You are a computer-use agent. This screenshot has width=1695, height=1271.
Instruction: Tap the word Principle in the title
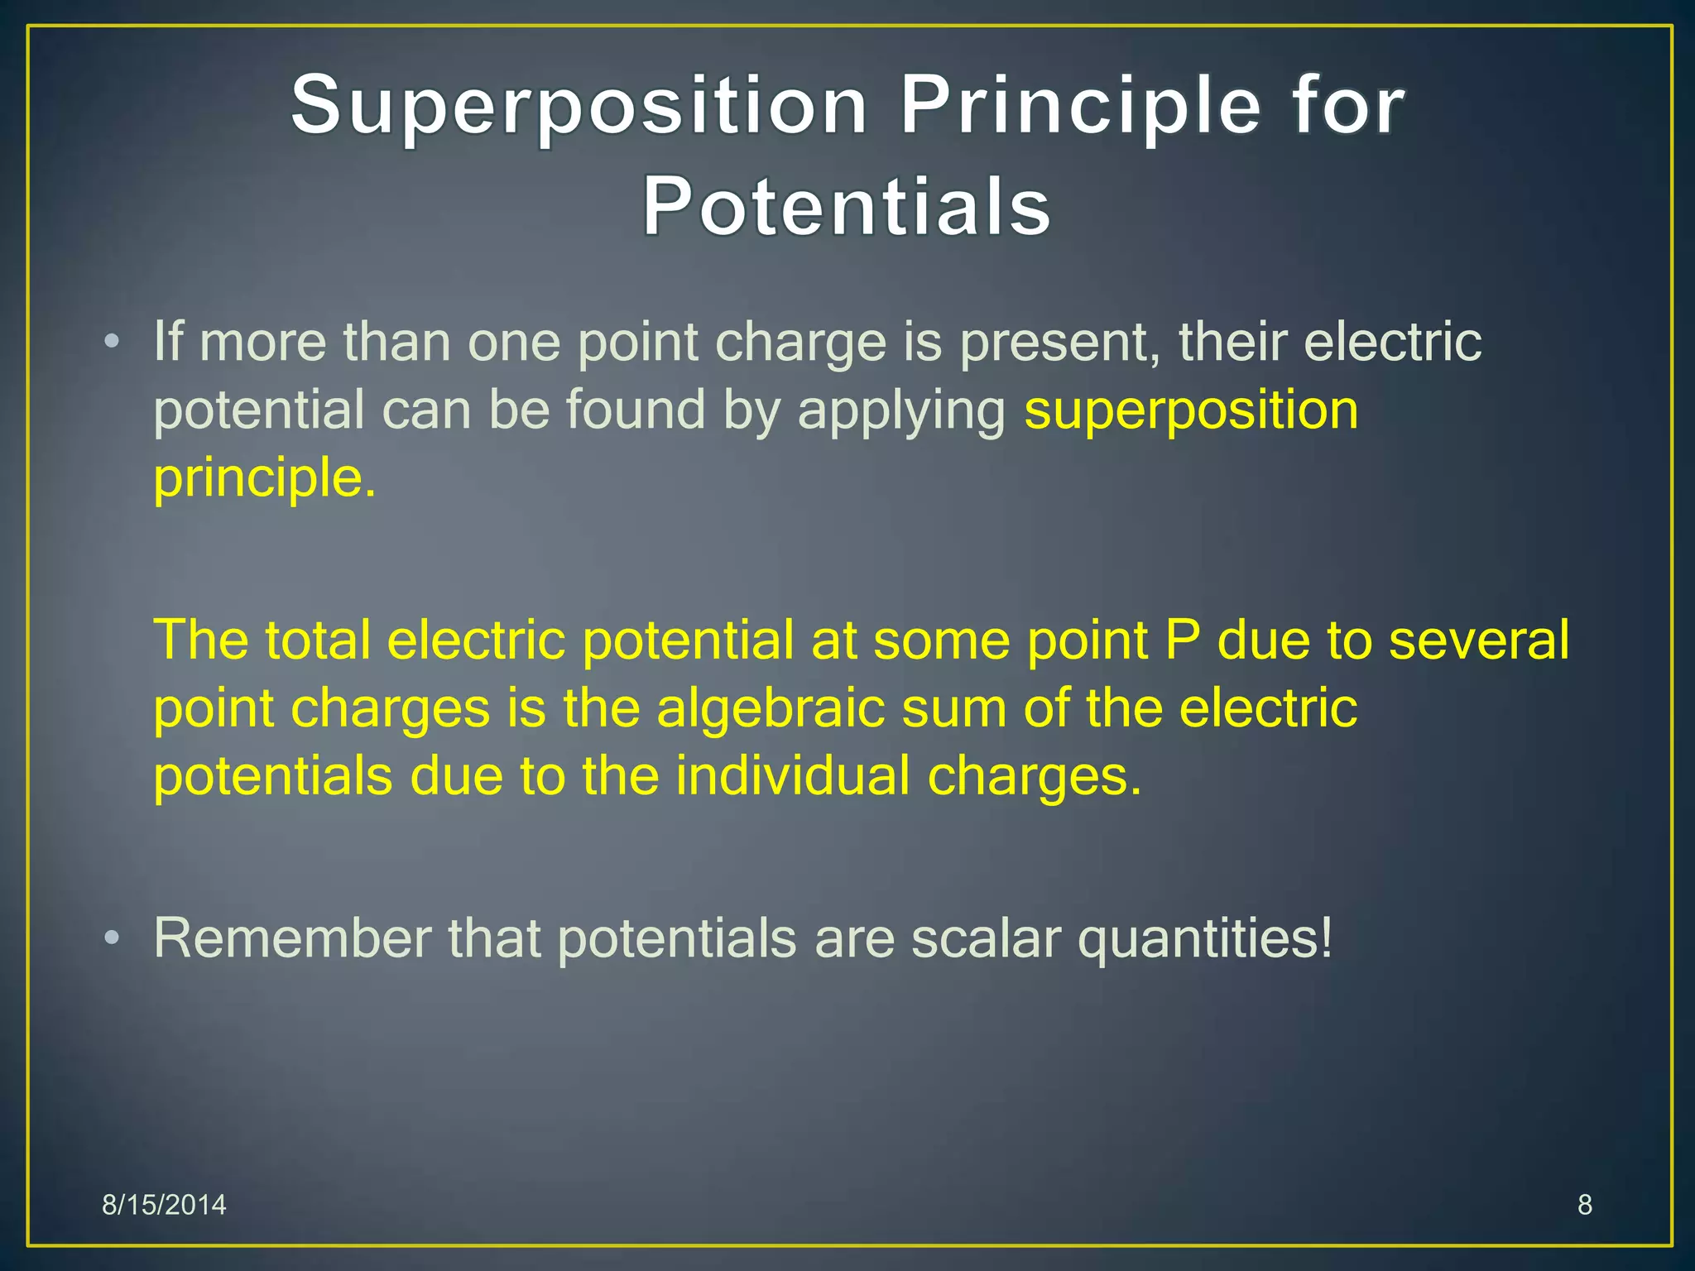(x=1080, y=106)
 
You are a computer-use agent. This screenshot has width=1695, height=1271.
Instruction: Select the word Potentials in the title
(x=847, y=207)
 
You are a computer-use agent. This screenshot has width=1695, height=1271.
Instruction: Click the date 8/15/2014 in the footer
(x=164, y=1205)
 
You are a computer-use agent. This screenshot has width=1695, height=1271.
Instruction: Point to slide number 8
(x=1584, y=1205)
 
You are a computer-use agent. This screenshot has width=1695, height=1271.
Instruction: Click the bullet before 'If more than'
(x=113, y=342)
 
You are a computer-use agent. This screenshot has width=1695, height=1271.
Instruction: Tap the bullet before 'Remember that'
(x=113, y=938)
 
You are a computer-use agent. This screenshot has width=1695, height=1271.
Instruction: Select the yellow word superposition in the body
(x=1191, y=410)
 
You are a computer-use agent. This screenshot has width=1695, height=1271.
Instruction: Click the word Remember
(x=292, y=938)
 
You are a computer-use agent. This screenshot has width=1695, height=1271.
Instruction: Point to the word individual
(x=793, y=776)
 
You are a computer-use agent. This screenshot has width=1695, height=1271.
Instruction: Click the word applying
(x=901, y=412)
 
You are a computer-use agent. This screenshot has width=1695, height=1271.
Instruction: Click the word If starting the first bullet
(x=168, y=342)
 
